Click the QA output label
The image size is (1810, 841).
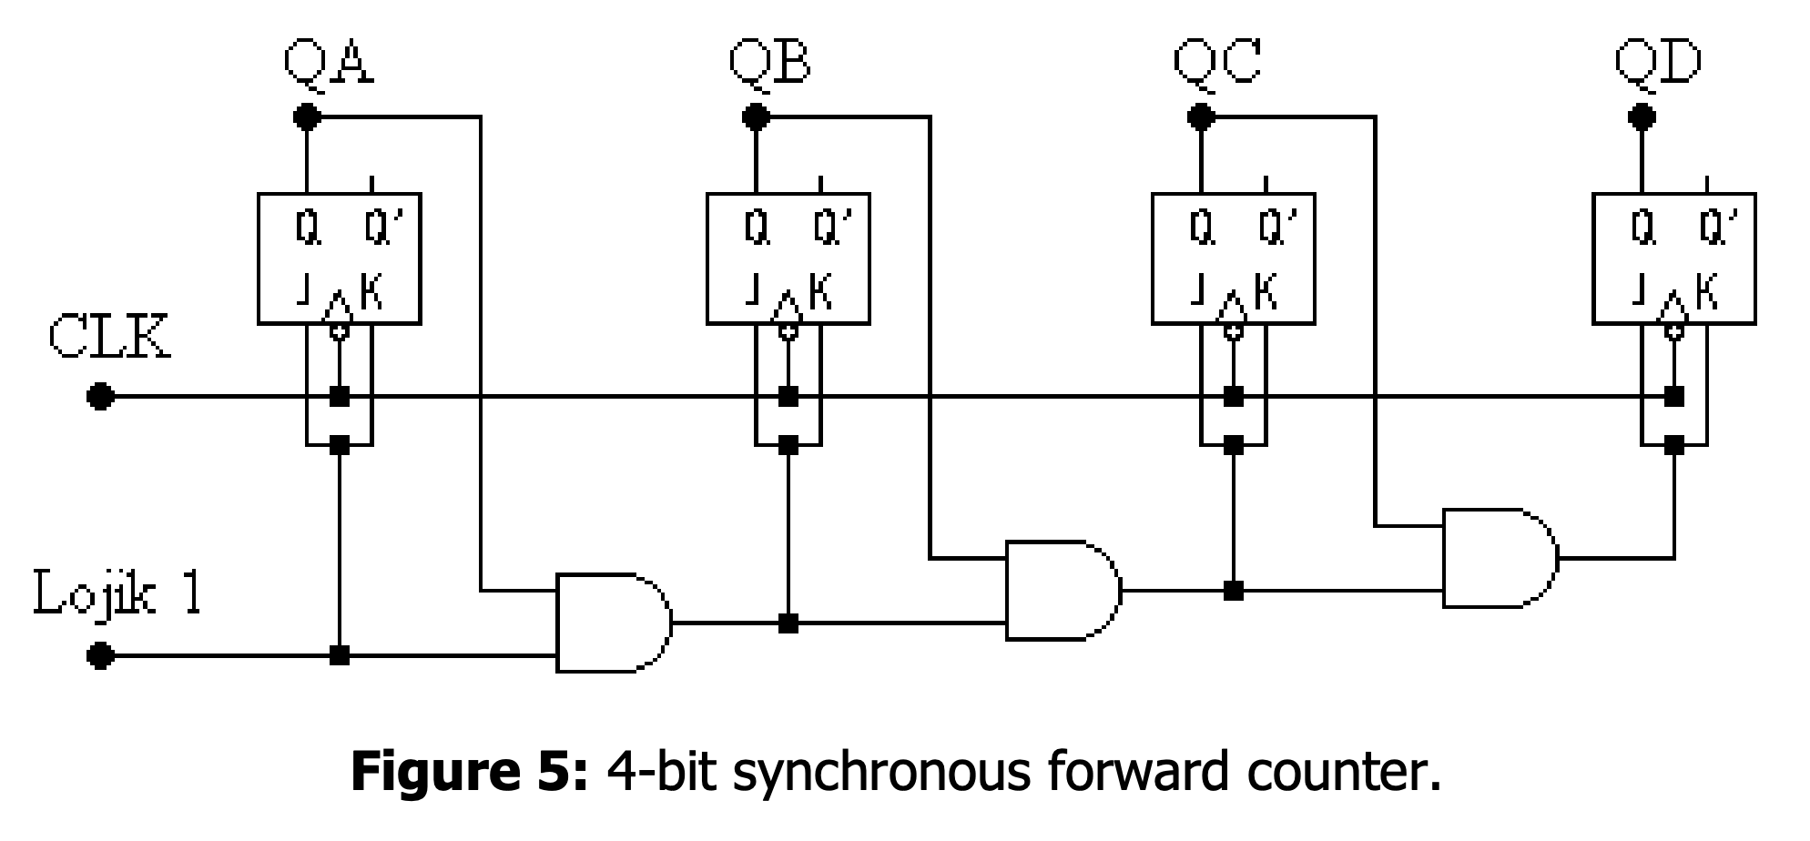328,62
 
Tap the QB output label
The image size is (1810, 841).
769,62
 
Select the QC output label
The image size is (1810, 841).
1216,62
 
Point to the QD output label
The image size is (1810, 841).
1658,62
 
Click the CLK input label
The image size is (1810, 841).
108,338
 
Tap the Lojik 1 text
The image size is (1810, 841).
117,593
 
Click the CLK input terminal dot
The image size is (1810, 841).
100,397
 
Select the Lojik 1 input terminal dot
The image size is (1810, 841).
100,655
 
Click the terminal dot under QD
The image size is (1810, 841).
1642,117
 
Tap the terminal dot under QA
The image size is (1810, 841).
307,117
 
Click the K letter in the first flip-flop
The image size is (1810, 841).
371,292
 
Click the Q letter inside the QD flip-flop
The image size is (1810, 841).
1642,228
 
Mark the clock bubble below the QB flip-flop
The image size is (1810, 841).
788,331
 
